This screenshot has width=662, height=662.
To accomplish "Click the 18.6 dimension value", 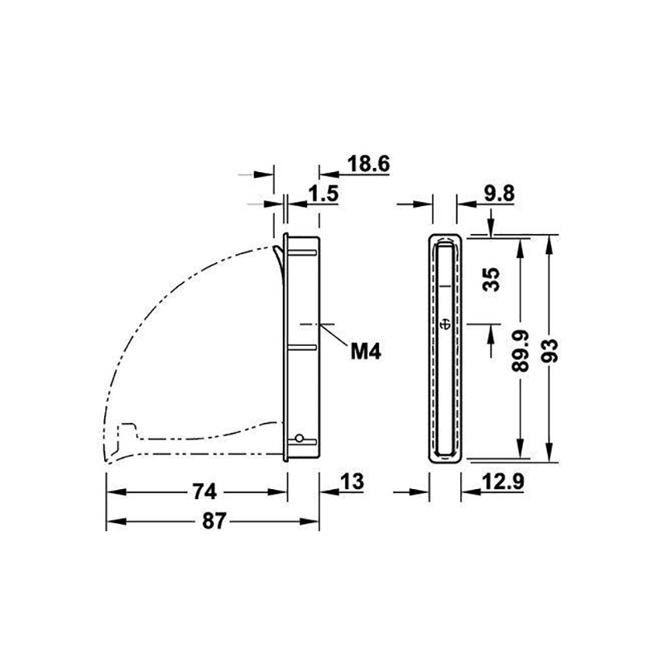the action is [368, 164].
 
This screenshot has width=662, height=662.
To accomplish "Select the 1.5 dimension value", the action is [323, 194].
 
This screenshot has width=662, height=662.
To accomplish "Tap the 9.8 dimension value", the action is [499, 194].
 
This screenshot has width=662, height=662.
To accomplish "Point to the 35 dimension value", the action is [491, 279].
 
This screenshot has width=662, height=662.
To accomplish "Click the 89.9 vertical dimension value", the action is [520, 351].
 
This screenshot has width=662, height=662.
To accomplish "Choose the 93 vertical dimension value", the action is [549, 351].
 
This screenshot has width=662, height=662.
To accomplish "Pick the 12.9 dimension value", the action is [503, 482].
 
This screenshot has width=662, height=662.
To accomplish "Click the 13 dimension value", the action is [352, 482].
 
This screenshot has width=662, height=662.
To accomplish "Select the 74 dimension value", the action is [204, 492].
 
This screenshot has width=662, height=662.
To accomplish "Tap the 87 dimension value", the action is [214, 521].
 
